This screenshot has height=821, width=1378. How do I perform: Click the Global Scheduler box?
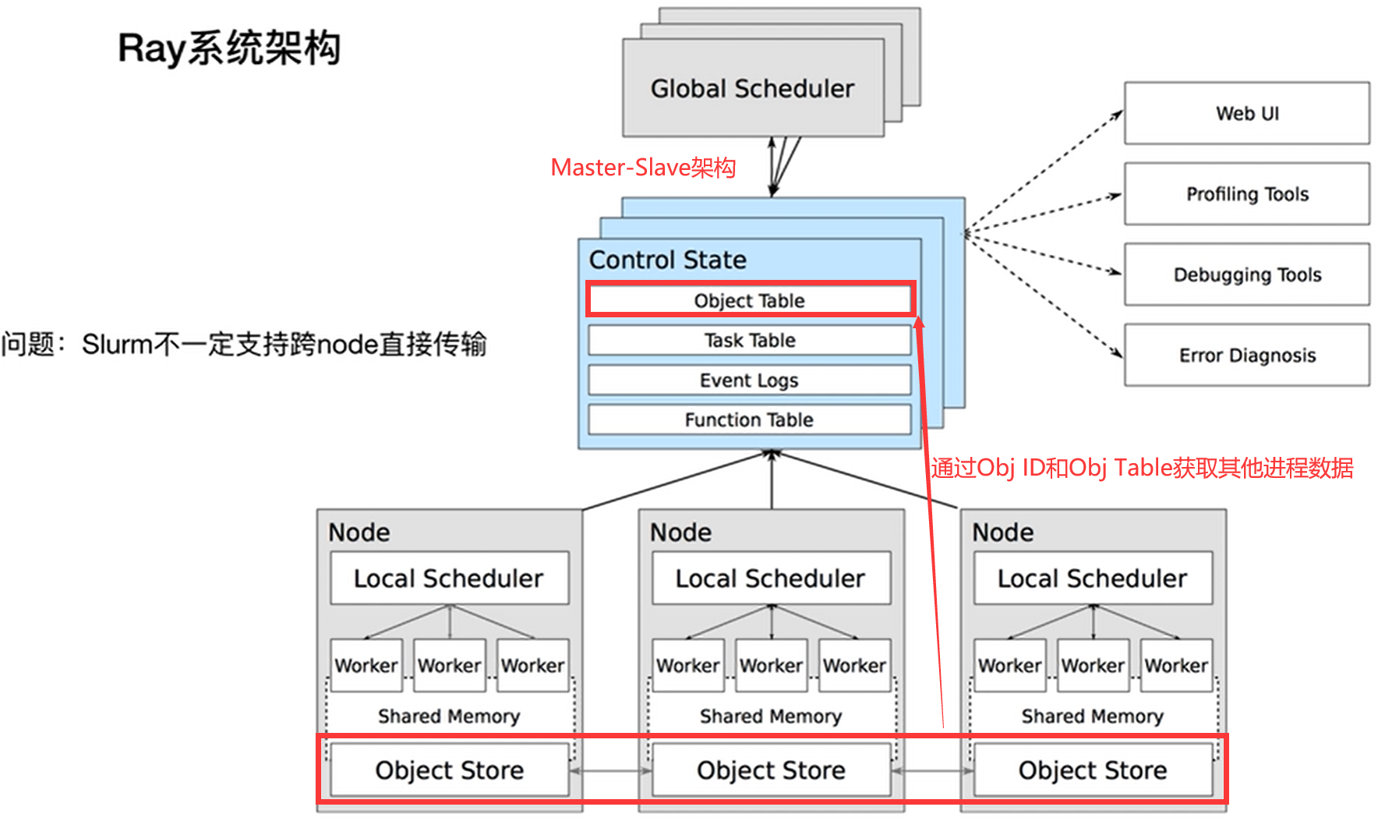pos(752,88)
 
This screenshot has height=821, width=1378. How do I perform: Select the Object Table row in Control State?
pos(749,300)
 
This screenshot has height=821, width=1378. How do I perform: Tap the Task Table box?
pos(749,340)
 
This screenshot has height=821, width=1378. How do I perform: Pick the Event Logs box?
pos(749,380)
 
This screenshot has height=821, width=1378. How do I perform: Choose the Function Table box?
pos(749,419)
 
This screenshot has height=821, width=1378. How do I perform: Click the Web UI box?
pos(1246,113)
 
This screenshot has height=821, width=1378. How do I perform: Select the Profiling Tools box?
pos(1246,193)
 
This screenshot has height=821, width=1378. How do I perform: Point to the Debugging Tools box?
pos(1246,274)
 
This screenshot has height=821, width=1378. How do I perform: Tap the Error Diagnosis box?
pos(1246,355)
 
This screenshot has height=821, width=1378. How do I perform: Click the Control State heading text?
pos(667,260)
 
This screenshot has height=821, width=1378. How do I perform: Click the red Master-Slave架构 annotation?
pos(643,168)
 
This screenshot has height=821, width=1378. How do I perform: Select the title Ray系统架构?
pos(229,48)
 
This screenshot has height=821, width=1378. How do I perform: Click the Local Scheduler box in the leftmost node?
pos(449,578)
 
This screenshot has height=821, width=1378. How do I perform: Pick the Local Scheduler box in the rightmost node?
pos(1093,578)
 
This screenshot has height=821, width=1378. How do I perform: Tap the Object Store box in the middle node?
pos(771,770)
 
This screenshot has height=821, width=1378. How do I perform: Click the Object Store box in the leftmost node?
pos(449,770)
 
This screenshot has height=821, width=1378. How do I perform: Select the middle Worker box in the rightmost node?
pos(1093,665)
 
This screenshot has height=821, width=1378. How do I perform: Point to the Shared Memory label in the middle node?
pos(771,716)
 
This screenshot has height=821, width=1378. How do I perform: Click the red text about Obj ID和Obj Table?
pos(1142,468)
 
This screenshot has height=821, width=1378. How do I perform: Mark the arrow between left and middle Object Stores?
pos(610,771)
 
